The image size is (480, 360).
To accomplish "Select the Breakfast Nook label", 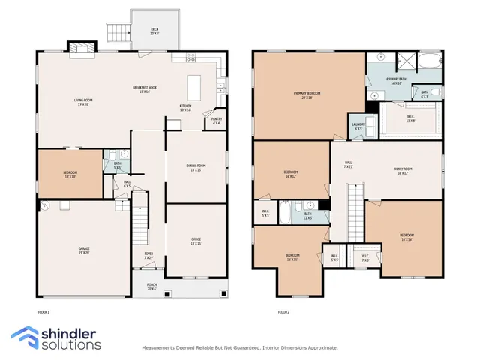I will coord(141,89).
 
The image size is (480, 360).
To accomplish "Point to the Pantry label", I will coord(217,120).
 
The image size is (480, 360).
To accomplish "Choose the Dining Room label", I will coord(196,168).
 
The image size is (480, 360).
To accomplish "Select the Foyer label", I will coord(148,255).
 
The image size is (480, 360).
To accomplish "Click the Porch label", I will coord(151,287).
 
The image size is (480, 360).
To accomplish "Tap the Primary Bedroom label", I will coord(307,95).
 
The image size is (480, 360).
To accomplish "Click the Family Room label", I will coord(403,171).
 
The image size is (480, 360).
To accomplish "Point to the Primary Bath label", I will coord(396,81).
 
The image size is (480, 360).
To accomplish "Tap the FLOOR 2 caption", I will coord(283,312).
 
